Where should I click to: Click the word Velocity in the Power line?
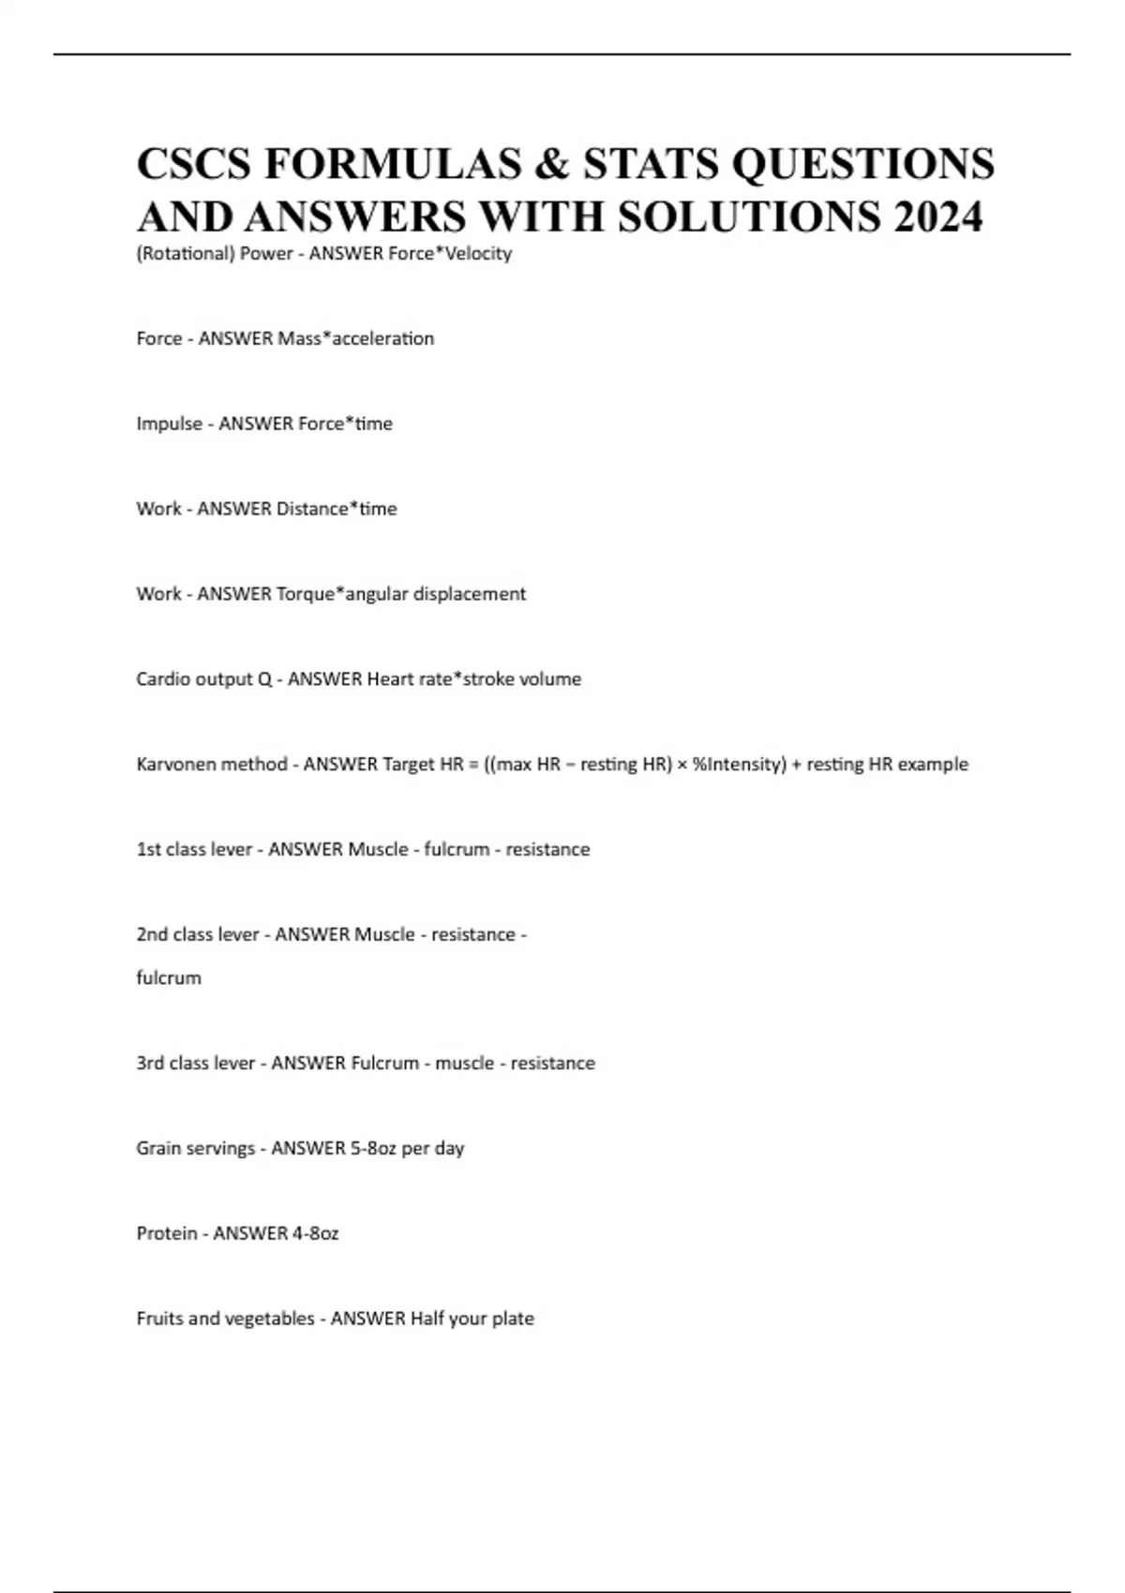[478, 253]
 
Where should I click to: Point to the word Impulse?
[170, 424]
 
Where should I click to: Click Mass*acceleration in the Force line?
[356, 338]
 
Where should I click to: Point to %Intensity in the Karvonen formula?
[739, 765]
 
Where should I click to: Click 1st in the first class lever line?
[148, 850]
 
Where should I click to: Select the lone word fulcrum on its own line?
[169, 978]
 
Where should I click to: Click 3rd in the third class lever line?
[150, 1064]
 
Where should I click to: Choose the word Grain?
[159, 1149]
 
